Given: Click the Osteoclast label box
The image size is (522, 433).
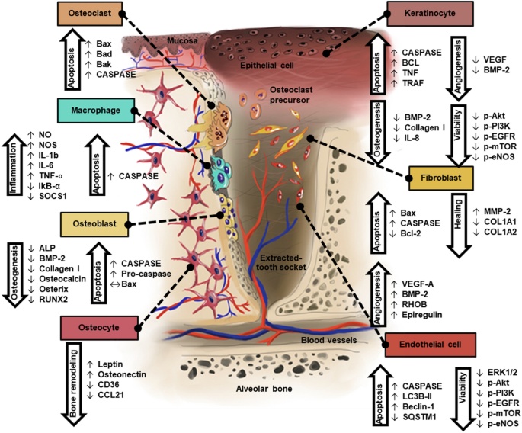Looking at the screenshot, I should [x=89, y=14].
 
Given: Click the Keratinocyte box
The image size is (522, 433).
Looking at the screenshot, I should [x=431, y=14].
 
